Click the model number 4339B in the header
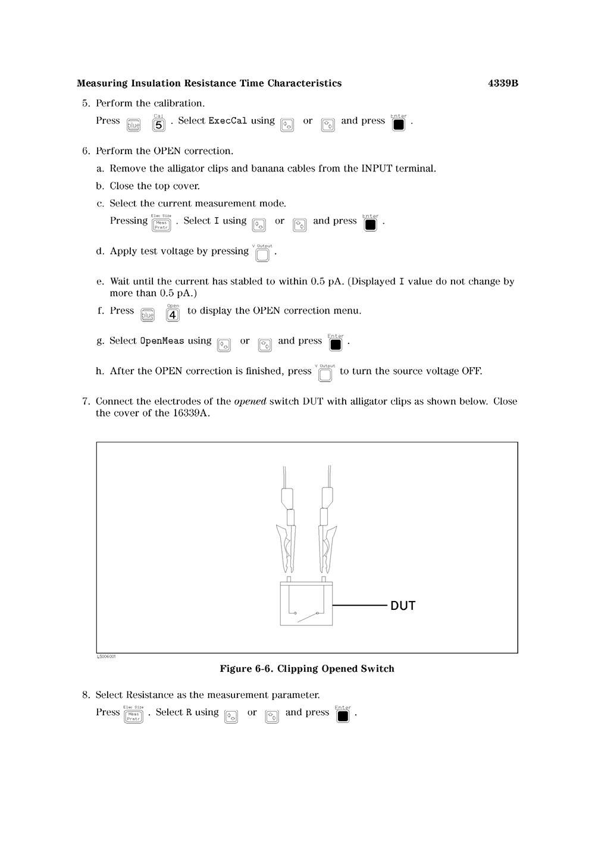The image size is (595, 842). (x=503, y=83)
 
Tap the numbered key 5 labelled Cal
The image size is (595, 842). (x=159, y=125)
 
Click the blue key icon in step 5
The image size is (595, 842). (x=133, y=125)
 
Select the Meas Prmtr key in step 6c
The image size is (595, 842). (x=161, y=225)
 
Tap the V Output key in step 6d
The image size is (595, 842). (x=262, y=255)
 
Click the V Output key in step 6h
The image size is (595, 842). (x=325, y=374)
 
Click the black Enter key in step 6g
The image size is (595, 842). (x=336, y=345)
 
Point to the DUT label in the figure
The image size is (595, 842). (x=403, y=606)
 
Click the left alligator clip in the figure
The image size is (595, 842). (x=286, y=544)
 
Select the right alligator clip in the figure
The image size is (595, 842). (x=327, y=544)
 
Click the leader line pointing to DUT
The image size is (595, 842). (x=359, y=605)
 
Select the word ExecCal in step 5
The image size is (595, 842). (x=227, y=121)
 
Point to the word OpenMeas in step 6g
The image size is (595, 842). (x=162, y=341)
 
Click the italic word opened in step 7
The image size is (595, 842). (x=250, y=401)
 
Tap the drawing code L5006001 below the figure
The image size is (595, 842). (x=107, y=656)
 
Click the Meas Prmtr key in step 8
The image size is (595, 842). (x=133, y=716)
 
